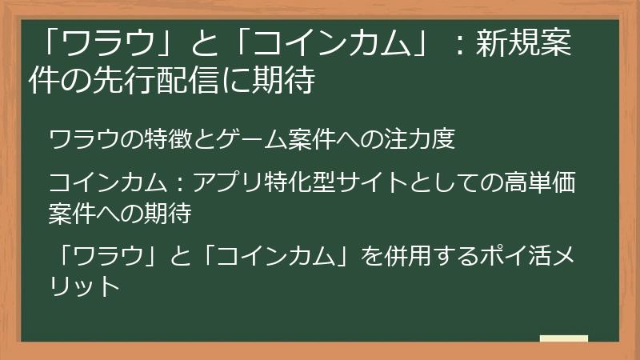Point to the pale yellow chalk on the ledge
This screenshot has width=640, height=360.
point(563,338)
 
